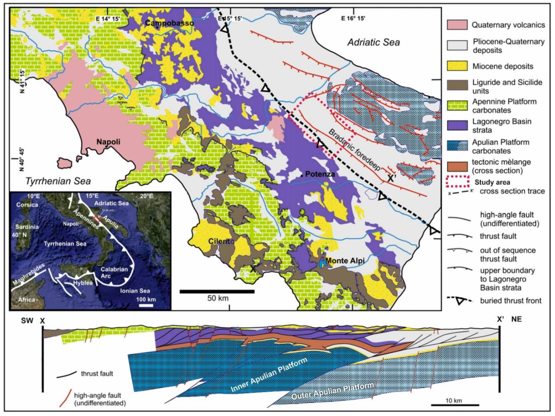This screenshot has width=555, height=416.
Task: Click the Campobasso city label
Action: [169, 23]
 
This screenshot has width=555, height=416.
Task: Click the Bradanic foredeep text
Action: [355, 150]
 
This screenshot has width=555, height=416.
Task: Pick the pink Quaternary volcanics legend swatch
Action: [457, 25]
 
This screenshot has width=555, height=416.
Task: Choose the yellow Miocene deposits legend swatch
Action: [457, 66]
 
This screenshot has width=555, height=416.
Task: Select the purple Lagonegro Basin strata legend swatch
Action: [457, 125]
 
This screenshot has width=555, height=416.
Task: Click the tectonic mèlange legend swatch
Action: [457, 166]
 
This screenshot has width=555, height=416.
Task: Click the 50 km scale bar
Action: [217, 291]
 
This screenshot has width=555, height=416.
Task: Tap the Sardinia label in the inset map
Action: [27, 227]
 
